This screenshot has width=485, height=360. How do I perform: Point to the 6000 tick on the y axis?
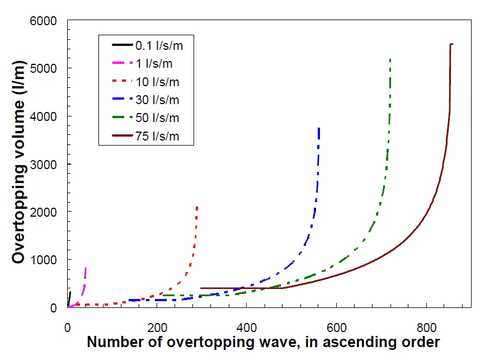pyautogui.click(x=46, y=21)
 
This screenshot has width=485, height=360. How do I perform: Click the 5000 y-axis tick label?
pyautogui.click(x=46, y=69)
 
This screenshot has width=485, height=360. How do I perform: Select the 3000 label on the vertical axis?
pyautogui.click(x=46, y=165)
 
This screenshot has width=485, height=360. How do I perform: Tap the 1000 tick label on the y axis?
pyautogui.click(x=46, y=260)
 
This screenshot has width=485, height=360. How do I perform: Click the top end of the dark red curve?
pyautogui.click(x=451, y=44)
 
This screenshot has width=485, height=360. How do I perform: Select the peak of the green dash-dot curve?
pyautogui.click(x=390, y=59)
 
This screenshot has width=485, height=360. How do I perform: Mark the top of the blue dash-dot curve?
pyautogui.click(x=318, y=128)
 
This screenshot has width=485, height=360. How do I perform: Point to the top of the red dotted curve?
pyautogui.click(x=197, y=207)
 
